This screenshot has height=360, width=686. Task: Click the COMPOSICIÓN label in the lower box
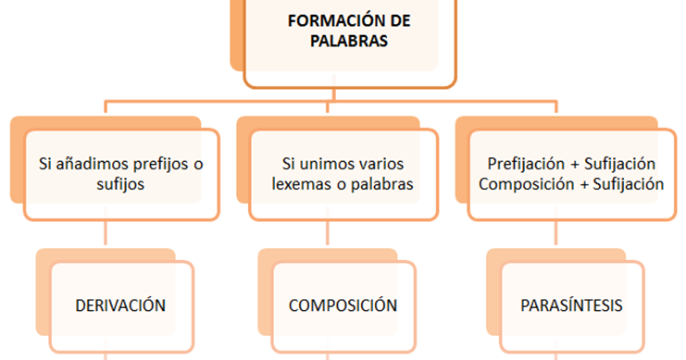coord(343,305)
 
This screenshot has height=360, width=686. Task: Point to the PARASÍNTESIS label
coord(571,305)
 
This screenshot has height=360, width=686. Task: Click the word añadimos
coord(91,164)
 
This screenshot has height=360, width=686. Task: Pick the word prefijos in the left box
coord(156,164)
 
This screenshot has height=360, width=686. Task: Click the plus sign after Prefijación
coord(576,164)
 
